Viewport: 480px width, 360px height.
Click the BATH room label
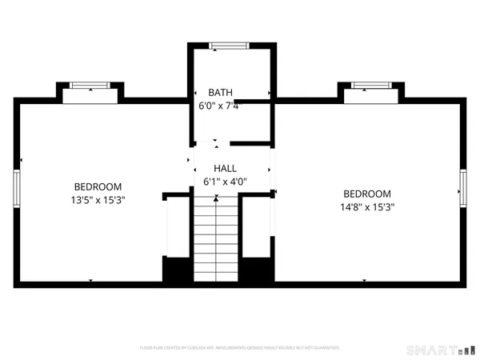tap(220, 93)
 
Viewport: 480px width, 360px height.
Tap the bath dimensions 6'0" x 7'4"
tap(220, 106)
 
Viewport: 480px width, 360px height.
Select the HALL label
tap(224, 169)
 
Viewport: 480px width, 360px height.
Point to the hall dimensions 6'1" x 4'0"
tap(224, 182)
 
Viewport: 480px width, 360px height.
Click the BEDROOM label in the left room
tap(98, 186)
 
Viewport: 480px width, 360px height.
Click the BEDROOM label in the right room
tap(366, 194)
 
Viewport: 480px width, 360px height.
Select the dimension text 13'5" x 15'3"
tap(98, 200)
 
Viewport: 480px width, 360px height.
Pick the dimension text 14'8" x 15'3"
tap(366, 206)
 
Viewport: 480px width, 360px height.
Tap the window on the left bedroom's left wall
tap(16, 187)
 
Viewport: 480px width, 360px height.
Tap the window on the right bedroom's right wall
tap(462, 187)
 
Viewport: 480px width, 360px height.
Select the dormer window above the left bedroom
tap(90, 85)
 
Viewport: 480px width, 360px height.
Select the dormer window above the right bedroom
tap(370, 85)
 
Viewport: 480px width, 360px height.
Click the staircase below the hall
tap(218, 240)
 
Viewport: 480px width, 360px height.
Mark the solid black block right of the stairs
tap(256, 269)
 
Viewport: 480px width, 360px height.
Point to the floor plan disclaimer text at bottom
tap(240, 348)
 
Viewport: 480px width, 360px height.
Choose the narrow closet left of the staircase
tap(177, 227)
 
